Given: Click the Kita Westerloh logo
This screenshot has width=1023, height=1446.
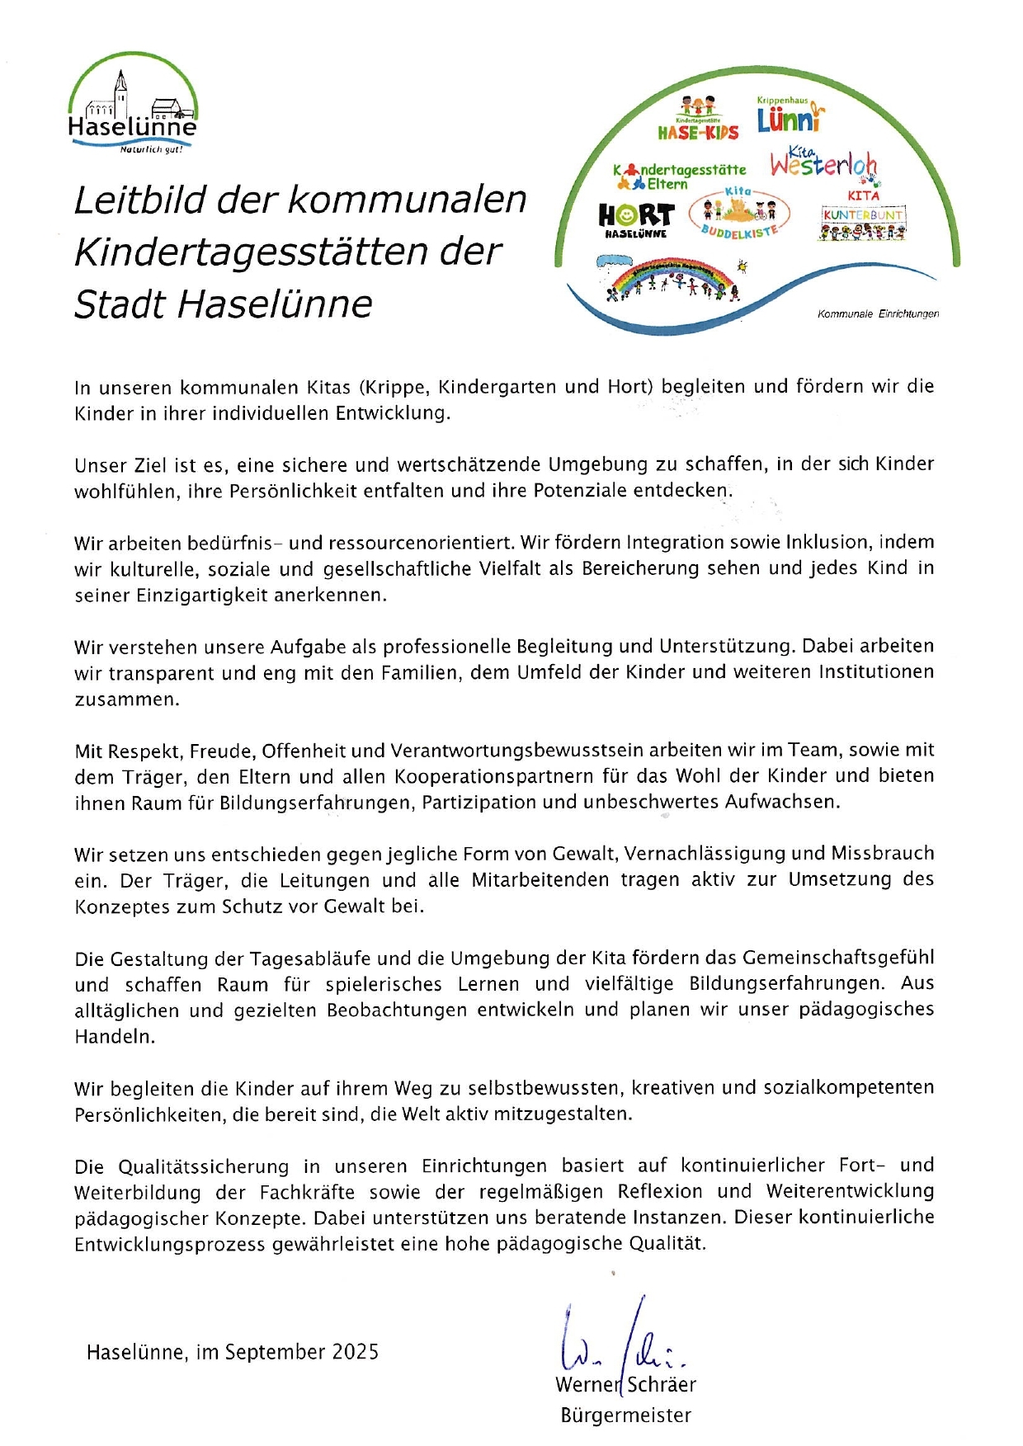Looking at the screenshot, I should (x=825, y=163).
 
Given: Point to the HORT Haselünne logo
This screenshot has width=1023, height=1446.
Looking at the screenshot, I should (x=636, y=219).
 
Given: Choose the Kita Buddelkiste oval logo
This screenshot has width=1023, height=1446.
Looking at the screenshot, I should (x=739, y=213).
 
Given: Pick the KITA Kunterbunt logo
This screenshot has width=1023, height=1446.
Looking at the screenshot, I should (x=863, y=219).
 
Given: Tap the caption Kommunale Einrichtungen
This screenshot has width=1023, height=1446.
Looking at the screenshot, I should (x=878, y=314).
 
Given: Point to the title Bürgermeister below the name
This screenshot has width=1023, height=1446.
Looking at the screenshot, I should (x=625, y=1415).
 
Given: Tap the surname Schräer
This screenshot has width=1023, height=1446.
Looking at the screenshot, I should (x=662, y=1385).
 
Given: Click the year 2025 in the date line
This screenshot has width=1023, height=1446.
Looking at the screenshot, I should (x=355, y=1353).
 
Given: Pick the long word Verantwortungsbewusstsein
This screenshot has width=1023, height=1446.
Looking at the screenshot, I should (x=517, y=751).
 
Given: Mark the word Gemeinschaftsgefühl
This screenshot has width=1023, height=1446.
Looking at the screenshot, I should (x=838, y=958).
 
